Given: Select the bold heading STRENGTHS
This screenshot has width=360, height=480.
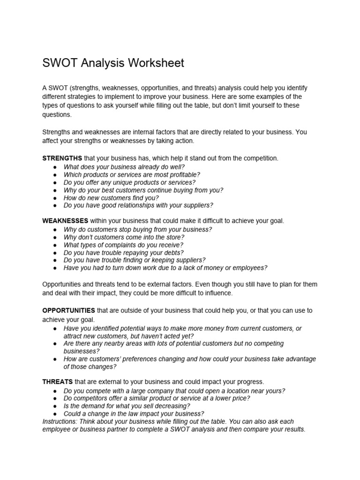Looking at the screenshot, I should click(62, 158).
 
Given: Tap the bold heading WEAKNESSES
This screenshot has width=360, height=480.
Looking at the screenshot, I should click(65, 221).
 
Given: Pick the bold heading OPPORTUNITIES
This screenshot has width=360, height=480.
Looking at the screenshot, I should click(69, 311).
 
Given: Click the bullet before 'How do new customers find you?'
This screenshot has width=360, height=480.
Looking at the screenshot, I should click(55, 198).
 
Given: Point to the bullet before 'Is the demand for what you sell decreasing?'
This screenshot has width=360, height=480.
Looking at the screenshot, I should click(55, 406).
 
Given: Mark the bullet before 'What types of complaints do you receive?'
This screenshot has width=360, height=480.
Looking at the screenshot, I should click(55, 245).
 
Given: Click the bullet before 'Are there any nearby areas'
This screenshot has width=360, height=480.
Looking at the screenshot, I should click(55, 344).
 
